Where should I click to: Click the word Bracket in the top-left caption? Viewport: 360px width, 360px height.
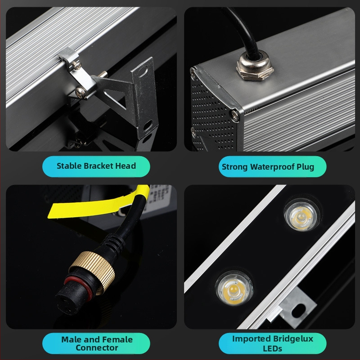coord(98,166)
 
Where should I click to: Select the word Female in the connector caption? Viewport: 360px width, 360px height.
coord(118,339)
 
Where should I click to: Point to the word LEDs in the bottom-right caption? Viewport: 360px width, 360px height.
coord(272,348)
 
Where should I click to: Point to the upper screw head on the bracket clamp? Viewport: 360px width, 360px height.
coord(77,65)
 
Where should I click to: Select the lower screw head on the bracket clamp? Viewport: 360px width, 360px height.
coord(81,92)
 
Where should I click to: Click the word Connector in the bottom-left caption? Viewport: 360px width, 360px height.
coord(97,348)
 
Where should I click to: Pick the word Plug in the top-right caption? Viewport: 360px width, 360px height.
coord(305,167)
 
